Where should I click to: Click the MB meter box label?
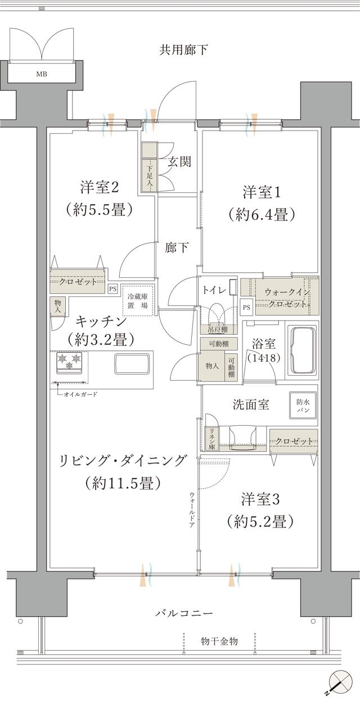[x=42, y=74]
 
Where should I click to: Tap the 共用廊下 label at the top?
[x=183, y=50]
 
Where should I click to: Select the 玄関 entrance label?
[x=179, y=162]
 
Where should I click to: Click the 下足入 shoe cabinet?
[x=150, y=174]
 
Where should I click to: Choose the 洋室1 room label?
[x=262, y=191]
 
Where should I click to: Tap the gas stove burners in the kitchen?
[x=69, y=361]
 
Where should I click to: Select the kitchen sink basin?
[x=132, y=363]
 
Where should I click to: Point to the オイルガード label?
[x=79, y=394]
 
